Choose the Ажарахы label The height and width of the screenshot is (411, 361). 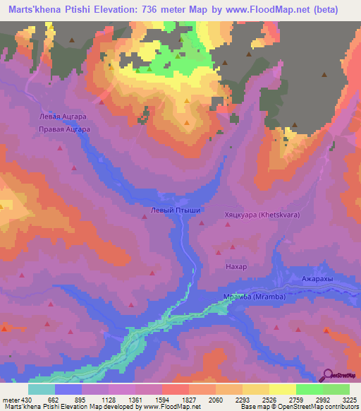coord(317,280)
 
